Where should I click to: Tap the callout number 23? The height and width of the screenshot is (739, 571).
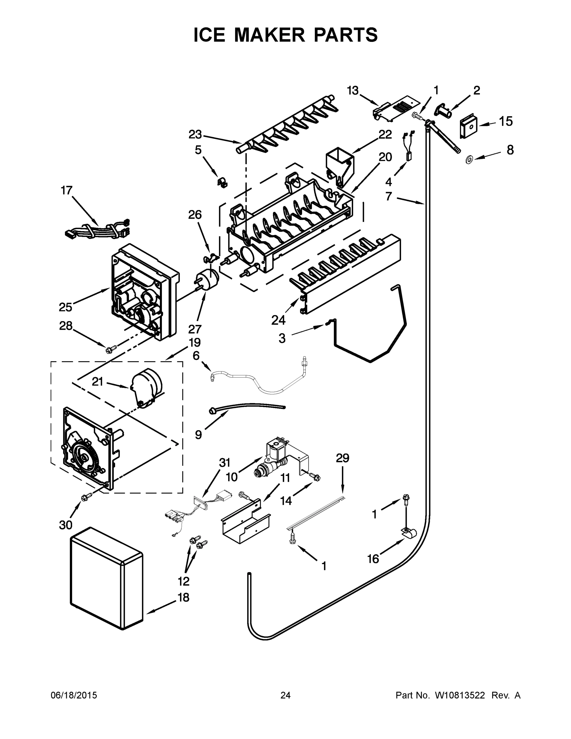(195, 135)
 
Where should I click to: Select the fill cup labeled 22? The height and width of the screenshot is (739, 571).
(339, 164)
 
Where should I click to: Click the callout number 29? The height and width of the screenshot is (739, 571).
(342, 458)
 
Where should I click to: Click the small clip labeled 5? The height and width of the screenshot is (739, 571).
(222, 183)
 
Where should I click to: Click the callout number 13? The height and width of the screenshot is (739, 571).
(352, 91)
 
